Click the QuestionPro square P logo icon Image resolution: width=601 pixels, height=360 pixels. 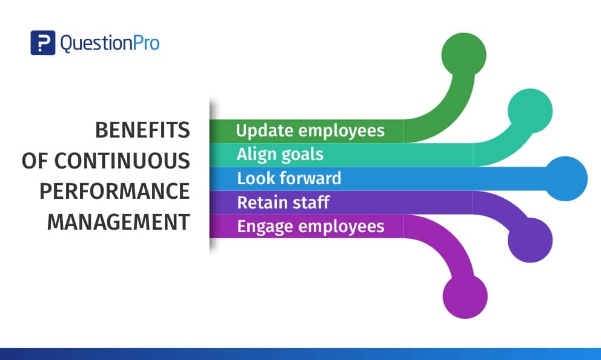tap(43, 43)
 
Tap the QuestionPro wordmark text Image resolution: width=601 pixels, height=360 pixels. tap(110, 43)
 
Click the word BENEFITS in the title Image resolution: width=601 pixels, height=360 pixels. tap(142, 130)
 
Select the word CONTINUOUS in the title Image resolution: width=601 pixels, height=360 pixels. tap(122, 161)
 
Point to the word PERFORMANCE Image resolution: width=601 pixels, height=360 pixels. tap(115, 191)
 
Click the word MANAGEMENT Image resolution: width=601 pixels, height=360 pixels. tap(118, 222)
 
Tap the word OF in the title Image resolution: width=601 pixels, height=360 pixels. tap(35, 161)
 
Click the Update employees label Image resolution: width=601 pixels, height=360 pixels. tap(310, 131)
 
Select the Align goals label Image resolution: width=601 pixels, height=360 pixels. tap(280, 155)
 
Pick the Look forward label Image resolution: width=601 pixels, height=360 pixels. tap(289, 178)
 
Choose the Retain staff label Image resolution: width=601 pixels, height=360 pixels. tap(284, 202)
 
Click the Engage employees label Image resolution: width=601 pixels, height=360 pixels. tap(311, 227)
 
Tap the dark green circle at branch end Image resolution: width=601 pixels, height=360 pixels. tap(464, 55)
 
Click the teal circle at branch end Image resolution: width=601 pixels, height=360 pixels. tap(530, 111)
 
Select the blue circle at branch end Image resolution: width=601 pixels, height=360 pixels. tap(565, 179)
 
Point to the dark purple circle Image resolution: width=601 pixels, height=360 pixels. tap(530, 241)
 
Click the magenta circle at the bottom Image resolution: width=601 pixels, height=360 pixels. tap(465, 296)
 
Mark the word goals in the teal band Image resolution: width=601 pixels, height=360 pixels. tap(302, 155)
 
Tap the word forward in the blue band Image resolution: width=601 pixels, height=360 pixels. tap(310, 178)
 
